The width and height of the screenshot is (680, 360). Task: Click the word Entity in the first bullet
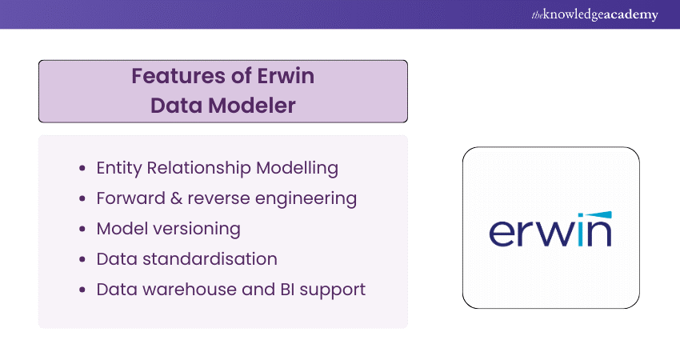coord(118,169)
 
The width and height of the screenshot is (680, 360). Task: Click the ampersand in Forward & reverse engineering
coord(178,198)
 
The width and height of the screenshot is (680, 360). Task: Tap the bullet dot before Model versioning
coord(83,230)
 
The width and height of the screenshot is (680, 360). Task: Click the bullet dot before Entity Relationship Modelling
coord(83,170)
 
